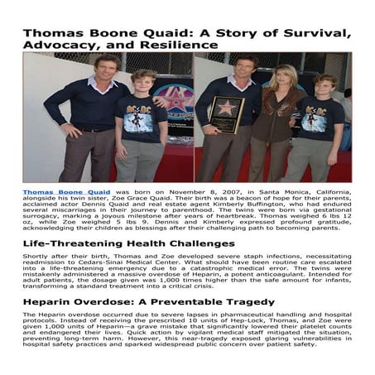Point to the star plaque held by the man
click(226, 113)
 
